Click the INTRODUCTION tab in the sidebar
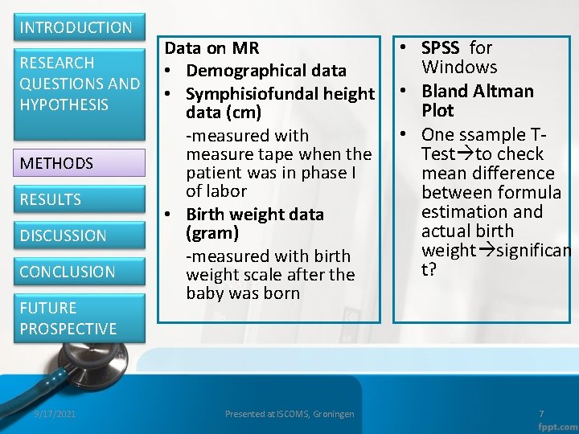[x=76, y=27]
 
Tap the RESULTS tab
[x=51, y=199]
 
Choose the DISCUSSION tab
[x=63, y=235]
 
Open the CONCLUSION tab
[x=68, y=272]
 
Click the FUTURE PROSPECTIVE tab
[x=68, y=318]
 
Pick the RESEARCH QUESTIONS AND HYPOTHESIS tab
[x=80, y=84]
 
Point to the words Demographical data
[x=266, y=71]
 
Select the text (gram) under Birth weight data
[x=212, y=233]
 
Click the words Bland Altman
[x=478, y=91]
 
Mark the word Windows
[x=459, y=68]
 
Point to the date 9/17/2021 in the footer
[x=55, y=414]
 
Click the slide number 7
[x=541, y=414]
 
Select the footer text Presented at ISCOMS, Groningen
[x=289, y=414]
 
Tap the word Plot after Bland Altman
[x=437, y=110]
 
